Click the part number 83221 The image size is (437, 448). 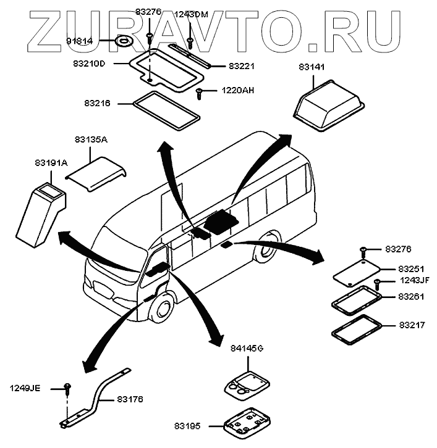pos(242,65)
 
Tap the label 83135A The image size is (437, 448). pos(91,140)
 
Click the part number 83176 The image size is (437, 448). pos(130,399)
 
